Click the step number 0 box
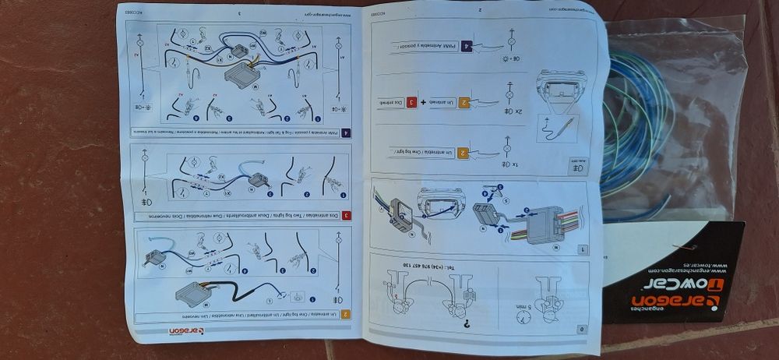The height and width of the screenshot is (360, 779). pyautogui.click(x=583, y=329)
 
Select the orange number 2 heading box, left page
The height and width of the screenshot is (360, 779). pyautogui.click(x=345, y=314)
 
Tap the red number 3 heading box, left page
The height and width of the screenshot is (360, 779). pyautogui.click(x=345, y=214)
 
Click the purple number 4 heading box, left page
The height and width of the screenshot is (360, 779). pyautogui.click(x=345, y=133)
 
